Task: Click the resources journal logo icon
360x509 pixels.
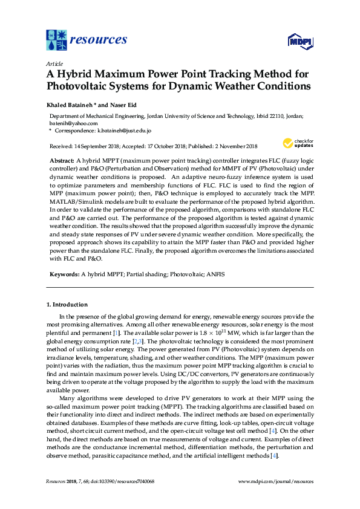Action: pyautogui.click(x=57, y=40)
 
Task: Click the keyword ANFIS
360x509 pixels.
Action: pyautogui.click(x=215, y=274)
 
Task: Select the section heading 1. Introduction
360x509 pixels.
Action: pyautogui.click(x=67, y=304)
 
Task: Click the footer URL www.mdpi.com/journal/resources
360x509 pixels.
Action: pyautogui.click(x=276, y=482)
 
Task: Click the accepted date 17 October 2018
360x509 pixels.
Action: pyautogui.click(x=164, y=146)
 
